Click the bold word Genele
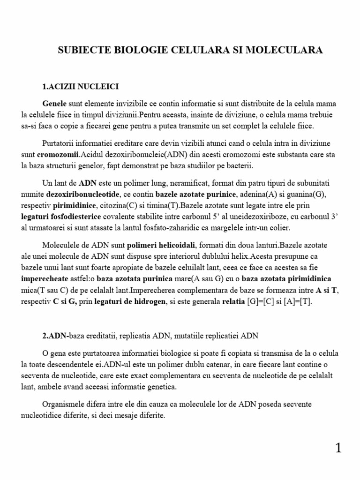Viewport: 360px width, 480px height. coord(55,103)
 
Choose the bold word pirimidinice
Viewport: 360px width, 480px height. coord(74,205)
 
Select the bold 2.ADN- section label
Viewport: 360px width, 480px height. coord(55,337)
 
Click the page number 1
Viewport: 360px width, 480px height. coord(338,449)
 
